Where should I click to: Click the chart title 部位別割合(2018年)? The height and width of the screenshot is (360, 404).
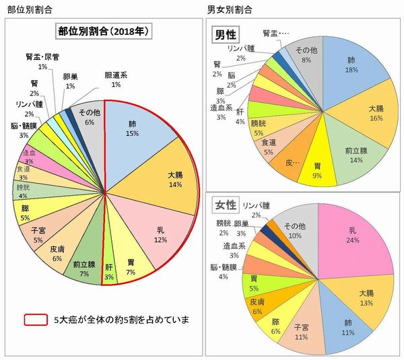click(104, 32)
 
